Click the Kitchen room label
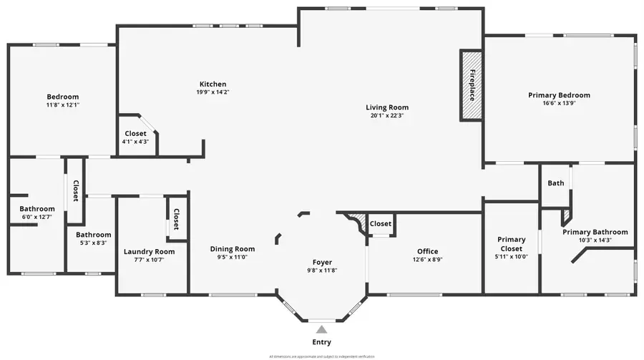coord(213,84)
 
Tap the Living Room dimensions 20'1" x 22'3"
coord(387,116)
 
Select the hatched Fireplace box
coord(472,85)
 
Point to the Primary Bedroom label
coord(559,95)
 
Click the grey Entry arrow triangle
coord(322,329)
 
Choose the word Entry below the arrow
coord(322,342)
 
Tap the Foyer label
coord(322,262)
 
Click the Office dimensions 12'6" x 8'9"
coord(427,260)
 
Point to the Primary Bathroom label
coord(595,232)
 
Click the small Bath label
coord(556,183)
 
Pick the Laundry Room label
coord(149,251)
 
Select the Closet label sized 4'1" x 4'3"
coord(135,134)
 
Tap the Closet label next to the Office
coord(381,224)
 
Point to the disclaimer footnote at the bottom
coord(321,356)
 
